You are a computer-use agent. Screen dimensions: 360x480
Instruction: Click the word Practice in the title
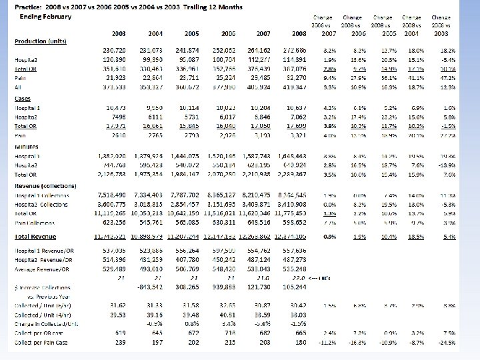[29, 7]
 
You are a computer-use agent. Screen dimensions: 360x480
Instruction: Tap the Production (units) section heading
[41, 41]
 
